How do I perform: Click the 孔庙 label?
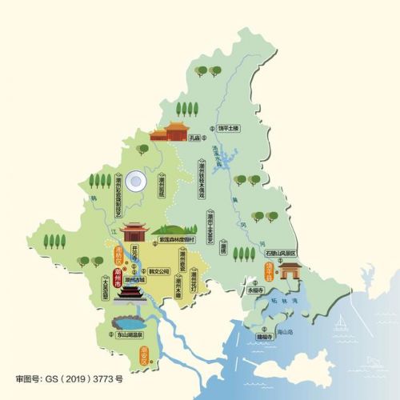[x=193, y=138]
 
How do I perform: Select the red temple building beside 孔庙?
[x=168, y=132]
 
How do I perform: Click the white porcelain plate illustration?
[x=136, y=181]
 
